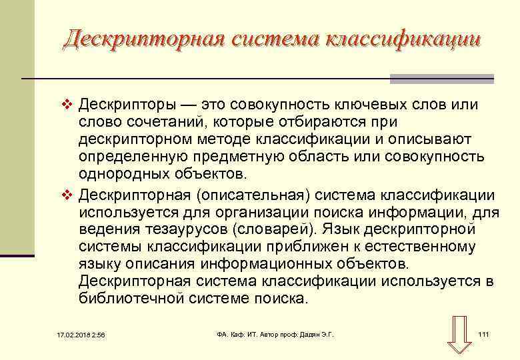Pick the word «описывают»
425,140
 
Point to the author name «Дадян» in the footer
303,334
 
